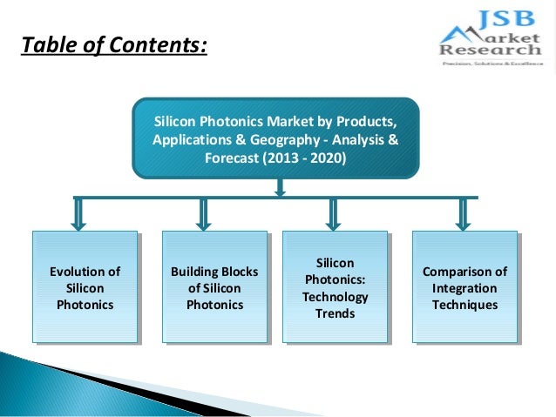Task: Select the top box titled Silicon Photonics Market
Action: pos(275,138)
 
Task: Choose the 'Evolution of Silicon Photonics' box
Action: pos(85,287)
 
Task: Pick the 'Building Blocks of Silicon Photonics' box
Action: pos(214,287)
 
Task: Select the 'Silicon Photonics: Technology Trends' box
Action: pos(335,287)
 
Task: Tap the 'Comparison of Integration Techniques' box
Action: pos(464,287)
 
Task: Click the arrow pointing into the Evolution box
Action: pos(78,214)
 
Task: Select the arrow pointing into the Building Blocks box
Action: pos(203,214)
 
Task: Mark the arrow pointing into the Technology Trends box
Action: pos(333,214)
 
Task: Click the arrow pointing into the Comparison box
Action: pos(464,214)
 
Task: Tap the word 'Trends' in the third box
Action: pos(335,313)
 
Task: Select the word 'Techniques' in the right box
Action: pos(464,305)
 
